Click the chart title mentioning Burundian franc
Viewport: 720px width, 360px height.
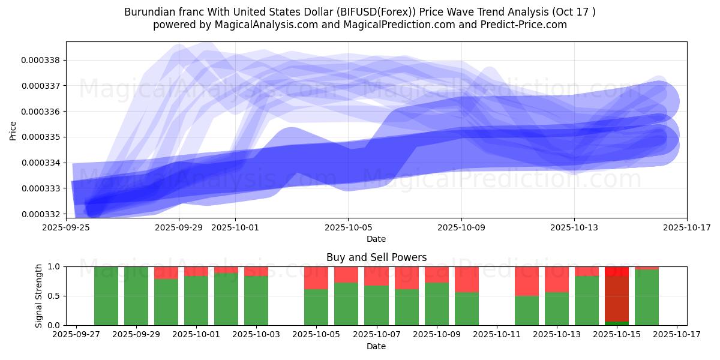[360, 12]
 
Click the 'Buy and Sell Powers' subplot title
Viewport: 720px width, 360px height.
[376, 257]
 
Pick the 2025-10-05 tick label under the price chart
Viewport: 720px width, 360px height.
[348, 227]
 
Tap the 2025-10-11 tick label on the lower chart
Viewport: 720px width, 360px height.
[497, 334]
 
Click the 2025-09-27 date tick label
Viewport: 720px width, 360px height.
[76, 334]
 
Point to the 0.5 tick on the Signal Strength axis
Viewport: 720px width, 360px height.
[53, 296]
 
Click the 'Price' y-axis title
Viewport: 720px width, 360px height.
[13, 130]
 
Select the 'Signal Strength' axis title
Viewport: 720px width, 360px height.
[39, 296]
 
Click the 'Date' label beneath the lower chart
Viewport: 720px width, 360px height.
[376, 346]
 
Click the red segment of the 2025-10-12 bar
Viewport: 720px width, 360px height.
[527, 281]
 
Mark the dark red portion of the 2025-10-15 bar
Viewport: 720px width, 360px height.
[617, 299]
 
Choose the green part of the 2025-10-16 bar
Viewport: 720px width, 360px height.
[647, 298]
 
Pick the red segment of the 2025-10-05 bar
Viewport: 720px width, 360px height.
[316, 278]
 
